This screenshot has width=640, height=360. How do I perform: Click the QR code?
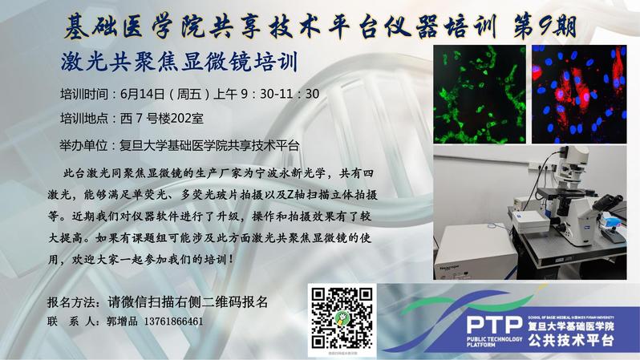pos(342,318)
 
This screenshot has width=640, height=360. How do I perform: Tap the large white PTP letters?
pos(494,325)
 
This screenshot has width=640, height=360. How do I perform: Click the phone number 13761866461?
pos(173,322)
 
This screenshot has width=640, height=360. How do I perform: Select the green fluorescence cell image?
pos(480,95)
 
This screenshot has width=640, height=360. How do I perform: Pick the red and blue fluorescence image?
pos(579,95)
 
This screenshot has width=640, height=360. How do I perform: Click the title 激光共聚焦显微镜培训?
pos(179,62)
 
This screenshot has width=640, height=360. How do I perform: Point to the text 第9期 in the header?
pos(545,27)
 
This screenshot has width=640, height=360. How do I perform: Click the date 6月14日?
pos(142,95)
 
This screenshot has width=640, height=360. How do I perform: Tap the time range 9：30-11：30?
pos(280,94)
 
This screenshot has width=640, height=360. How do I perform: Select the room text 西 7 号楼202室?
pos(162,119)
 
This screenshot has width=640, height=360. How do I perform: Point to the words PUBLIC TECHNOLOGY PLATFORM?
pos(494,342)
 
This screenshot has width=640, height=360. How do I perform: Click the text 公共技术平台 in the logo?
pos(570,341)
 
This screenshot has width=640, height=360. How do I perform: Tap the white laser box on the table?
pos(473,250)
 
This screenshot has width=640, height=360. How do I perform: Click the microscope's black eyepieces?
pos(609,201)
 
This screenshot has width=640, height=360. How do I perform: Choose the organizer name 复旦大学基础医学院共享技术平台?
pos(209,145)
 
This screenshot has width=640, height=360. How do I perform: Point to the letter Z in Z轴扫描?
pos(290,195)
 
